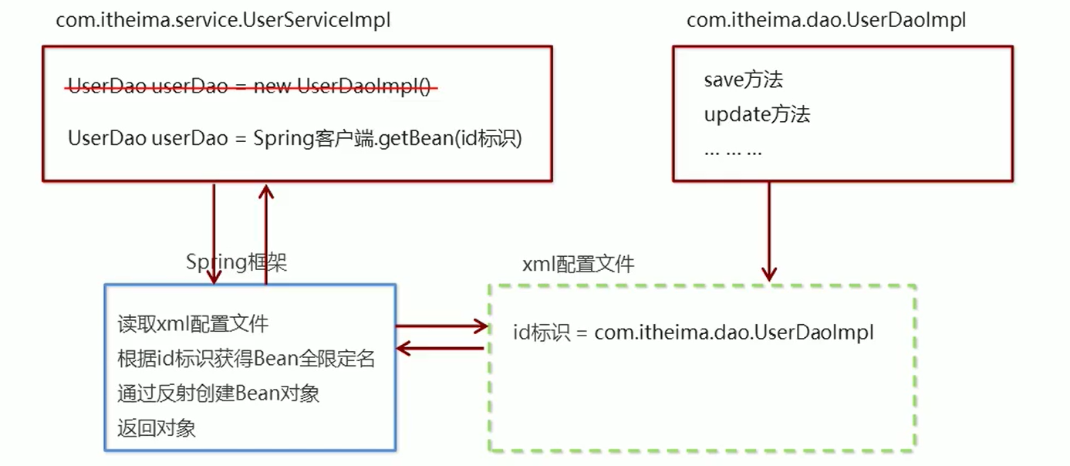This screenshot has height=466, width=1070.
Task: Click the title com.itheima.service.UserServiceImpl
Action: (223, 21)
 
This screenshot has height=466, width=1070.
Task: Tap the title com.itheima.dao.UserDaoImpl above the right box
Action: (826, 21)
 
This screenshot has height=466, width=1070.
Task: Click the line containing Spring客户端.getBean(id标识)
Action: (295, 139)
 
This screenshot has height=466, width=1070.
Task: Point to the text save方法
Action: (744, 79)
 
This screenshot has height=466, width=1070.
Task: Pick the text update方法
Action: (757, 115)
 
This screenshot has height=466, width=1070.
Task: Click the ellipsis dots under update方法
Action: (733, 151)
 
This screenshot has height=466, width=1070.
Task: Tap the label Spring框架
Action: (236, 262)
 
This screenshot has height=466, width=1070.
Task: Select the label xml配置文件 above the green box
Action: (579, 265)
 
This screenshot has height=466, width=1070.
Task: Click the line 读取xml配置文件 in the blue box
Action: (193, 324)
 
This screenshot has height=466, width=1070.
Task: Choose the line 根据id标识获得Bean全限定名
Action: (246, 359)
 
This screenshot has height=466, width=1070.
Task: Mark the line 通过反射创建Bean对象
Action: (218, 393)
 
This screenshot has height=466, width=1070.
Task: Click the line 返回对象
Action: (157, 428)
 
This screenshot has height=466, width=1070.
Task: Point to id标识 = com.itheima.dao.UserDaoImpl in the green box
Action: (694, 333)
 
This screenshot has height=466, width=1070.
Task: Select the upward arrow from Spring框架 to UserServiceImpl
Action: (265, 231)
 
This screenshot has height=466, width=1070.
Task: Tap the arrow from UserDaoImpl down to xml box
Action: (768, 231)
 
